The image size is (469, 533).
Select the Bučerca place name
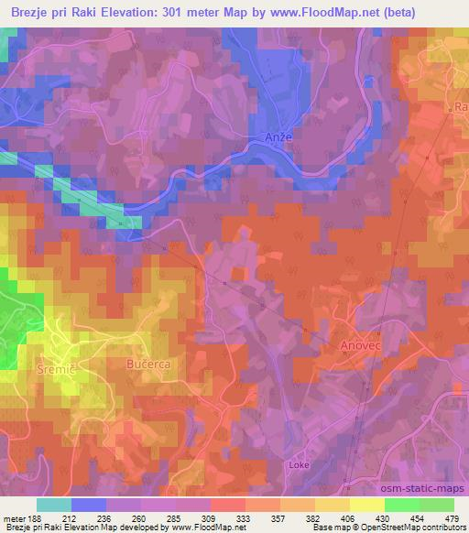147,364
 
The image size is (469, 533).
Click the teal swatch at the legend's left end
54,504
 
